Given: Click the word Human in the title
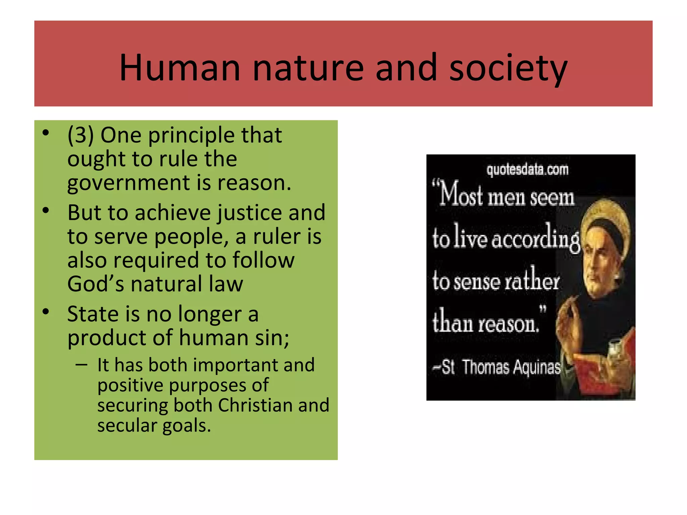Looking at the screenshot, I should [x=180, y=68].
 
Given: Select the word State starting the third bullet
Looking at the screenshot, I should [x=93, y=314].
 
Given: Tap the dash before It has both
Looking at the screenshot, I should [x=82, y=364].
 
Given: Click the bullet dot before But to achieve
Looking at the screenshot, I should [x=46, y=211].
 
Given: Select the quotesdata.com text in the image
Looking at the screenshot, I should [x=527, y=170].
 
